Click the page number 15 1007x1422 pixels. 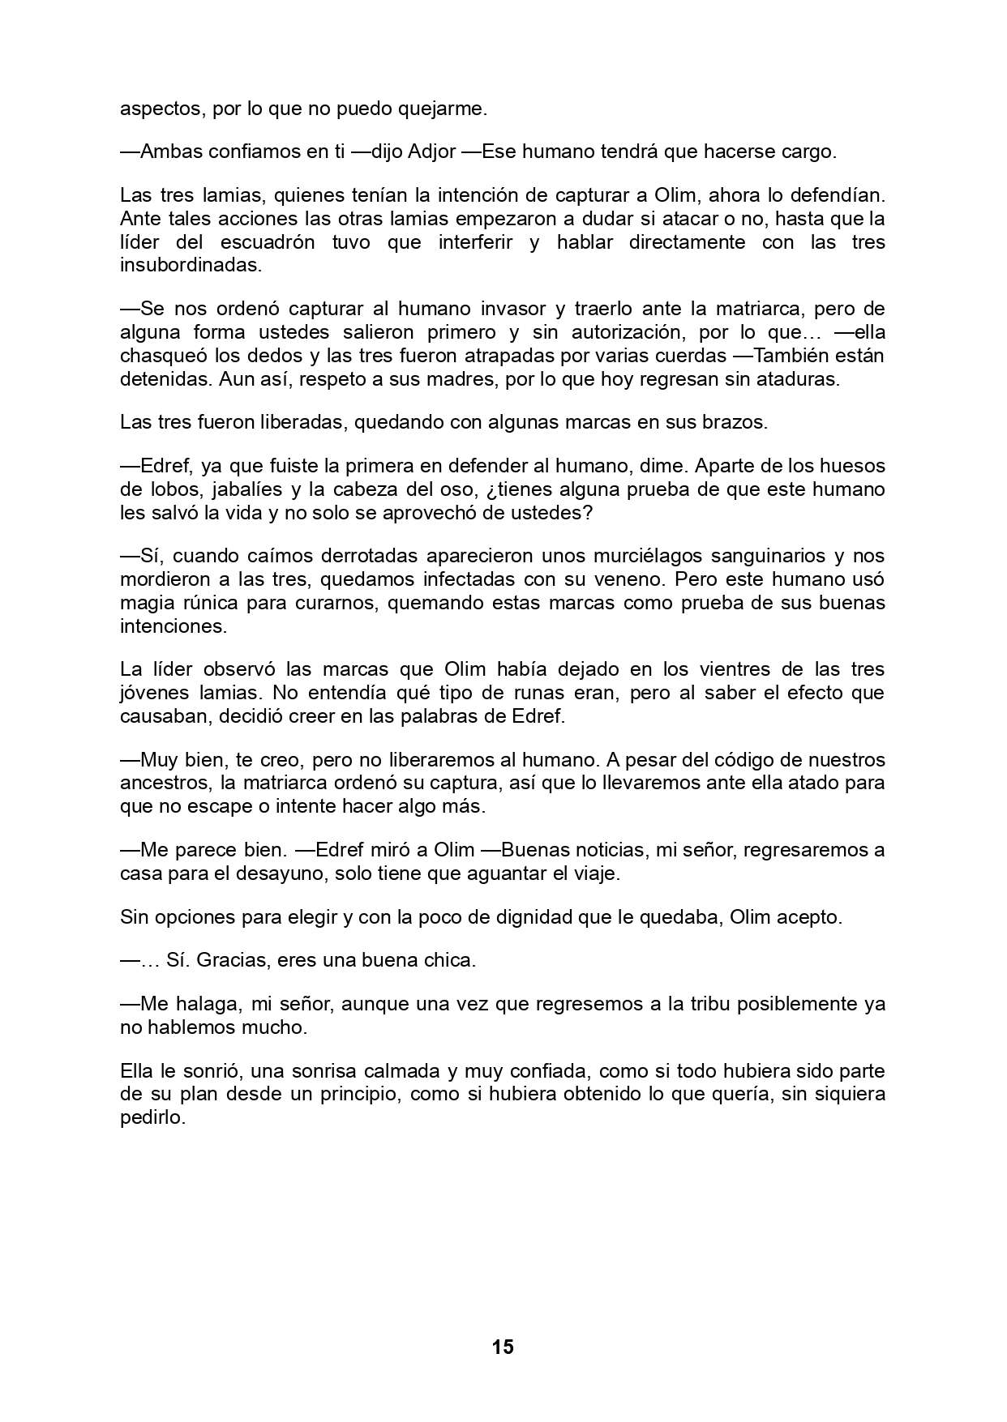[x=502, y=1347]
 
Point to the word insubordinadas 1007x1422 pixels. [x=191, y=265]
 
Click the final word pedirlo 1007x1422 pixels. [x=152, y=1117]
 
